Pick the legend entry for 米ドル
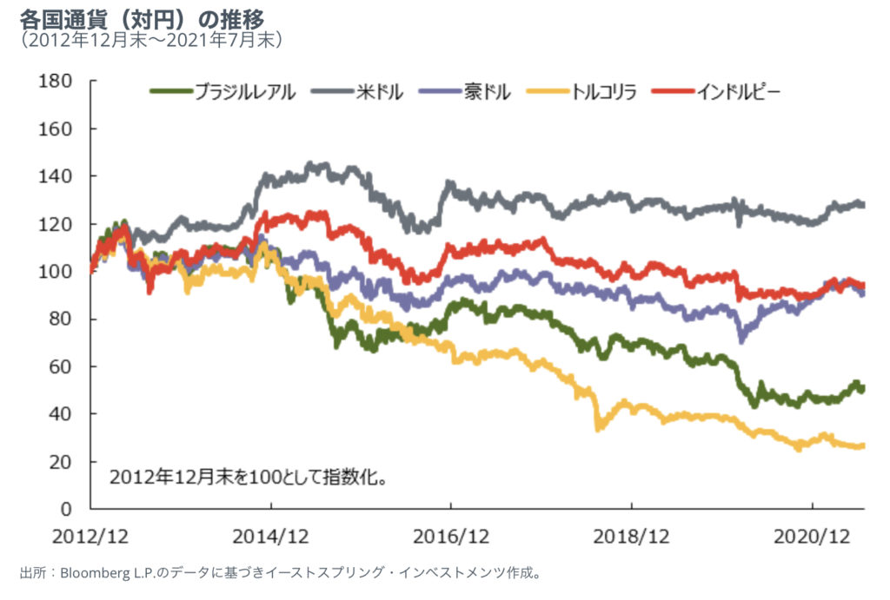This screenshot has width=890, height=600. (379, 90)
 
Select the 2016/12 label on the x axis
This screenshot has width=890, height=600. (451, 536)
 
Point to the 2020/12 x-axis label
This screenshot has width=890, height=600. (812, 536)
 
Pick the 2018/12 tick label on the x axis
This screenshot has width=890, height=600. (632, 536)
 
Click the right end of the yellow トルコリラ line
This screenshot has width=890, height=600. (862, 446)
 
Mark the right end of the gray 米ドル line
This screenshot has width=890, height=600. (862, 205)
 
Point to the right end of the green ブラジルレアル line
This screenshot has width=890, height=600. (862, 388)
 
